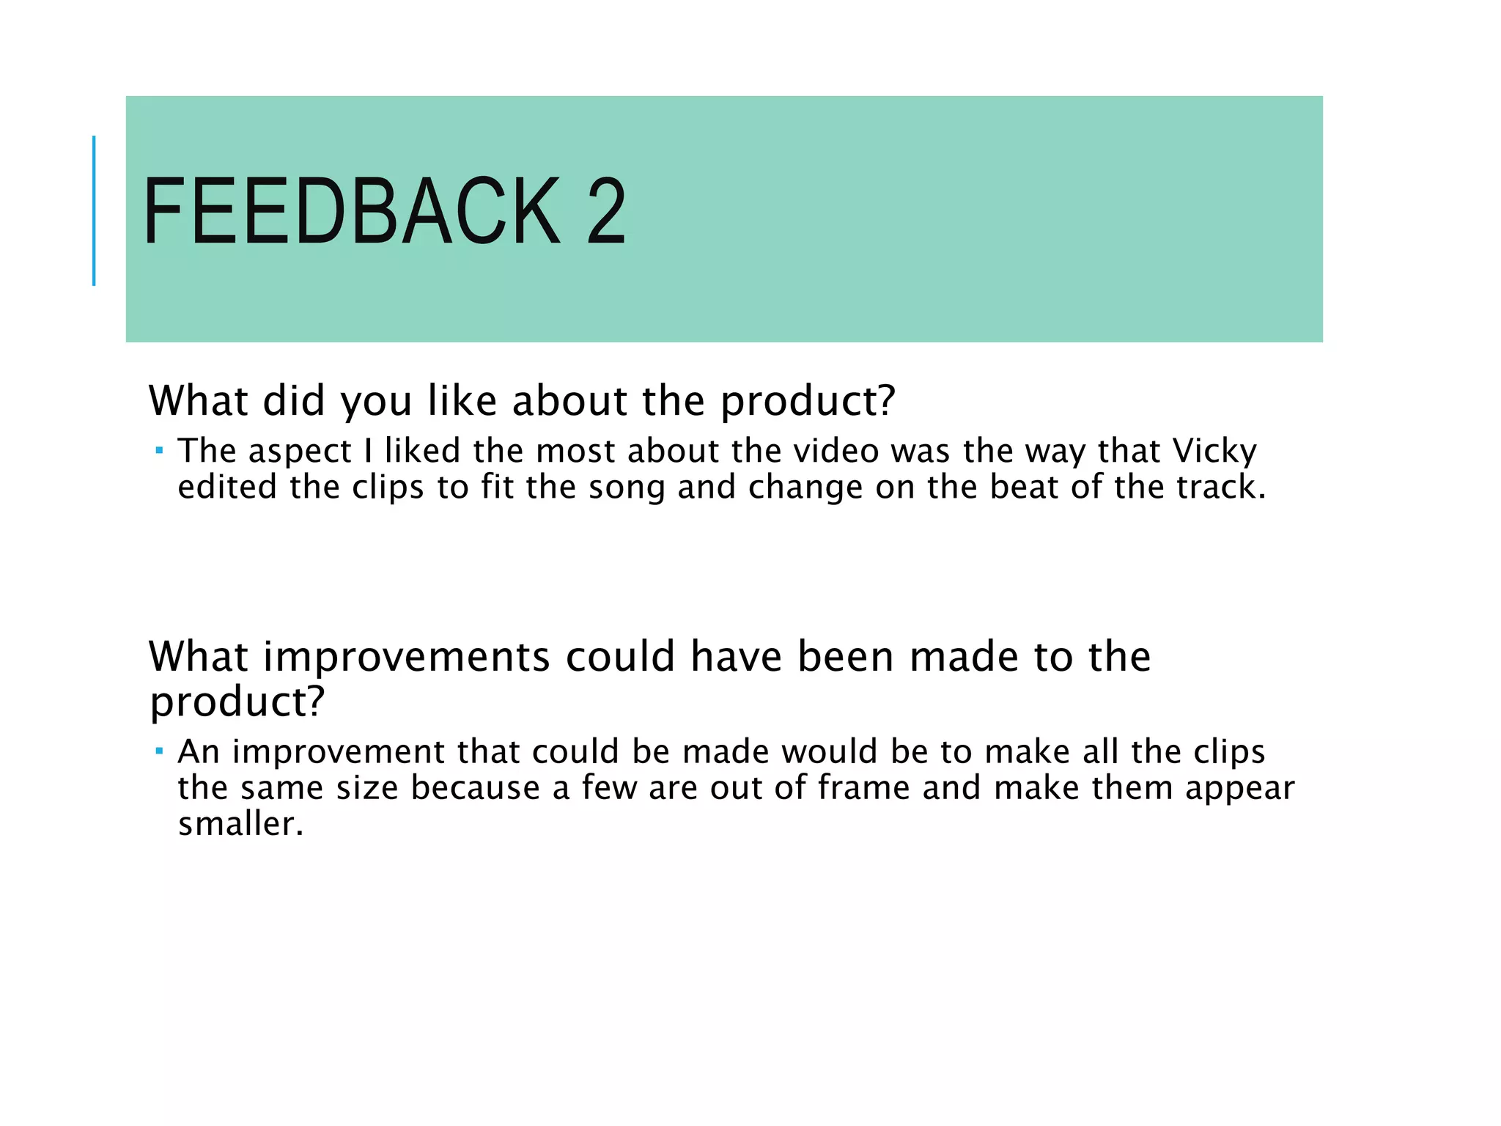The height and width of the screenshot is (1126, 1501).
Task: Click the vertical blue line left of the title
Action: click(94, 210)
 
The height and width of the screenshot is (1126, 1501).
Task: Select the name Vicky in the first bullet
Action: click(1214, 451)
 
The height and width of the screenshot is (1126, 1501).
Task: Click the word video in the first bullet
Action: click(836, 451)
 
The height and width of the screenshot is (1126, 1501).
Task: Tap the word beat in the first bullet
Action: click(1024, 487)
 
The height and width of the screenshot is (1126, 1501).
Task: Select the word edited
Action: click(227, 487)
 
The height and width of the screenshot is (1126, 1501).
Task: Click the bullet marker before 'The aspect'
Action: click(159, 450)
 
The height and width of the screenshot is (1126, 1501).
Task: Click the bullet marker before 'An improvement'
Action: click(159, 751)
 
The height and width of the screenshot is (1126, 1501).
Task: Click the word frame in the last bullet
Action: click(863, 788)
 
